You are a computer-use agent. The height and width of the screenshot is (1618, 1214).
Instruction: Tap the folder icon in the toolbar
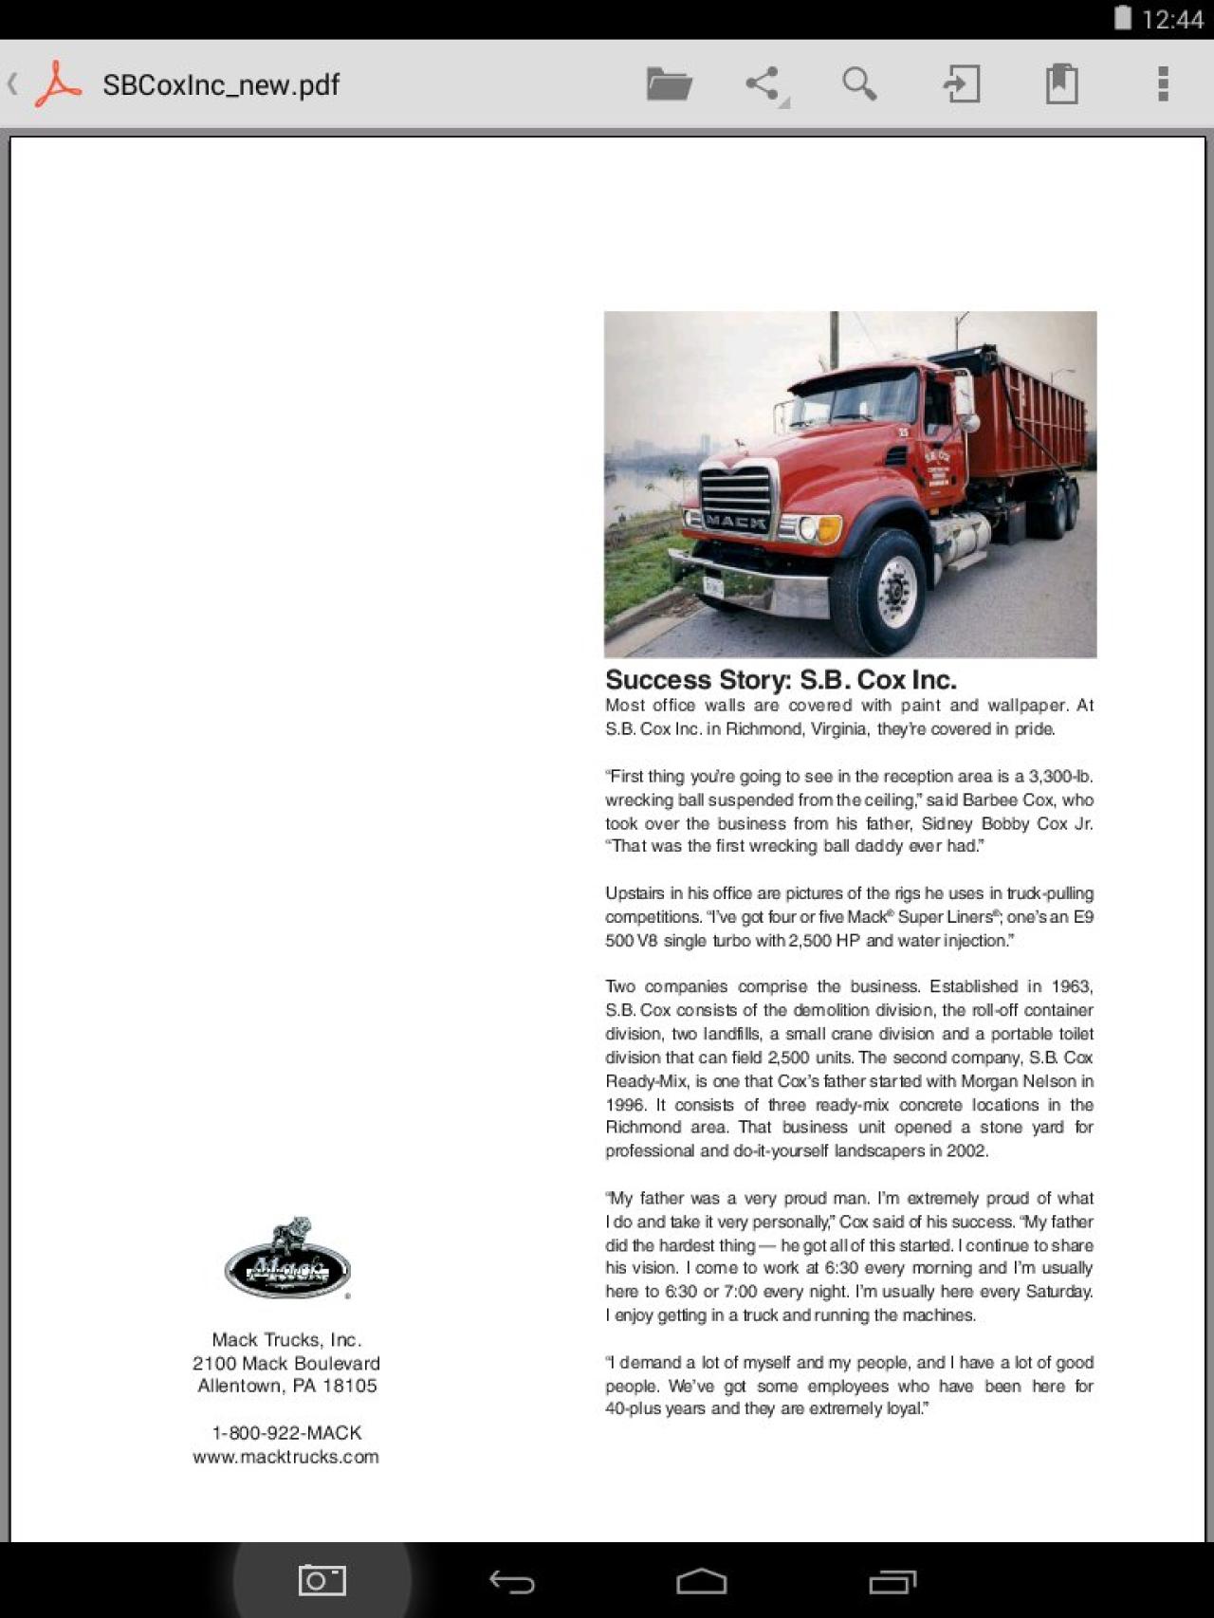669,84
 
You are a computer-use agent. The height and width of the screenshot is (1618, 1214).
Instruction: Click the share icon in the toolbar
763,84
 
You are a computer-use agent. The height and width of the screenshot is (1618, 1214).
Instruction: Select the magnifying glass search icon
859,84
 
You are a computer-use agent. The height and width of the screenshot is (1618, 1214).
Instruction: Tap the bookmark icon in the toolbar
1061,84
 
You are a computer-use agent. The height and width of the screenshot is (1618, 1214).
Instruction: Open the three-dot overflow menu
1163,84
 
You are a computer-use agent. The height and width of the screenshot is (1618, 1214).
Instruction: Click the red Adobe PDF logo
59,84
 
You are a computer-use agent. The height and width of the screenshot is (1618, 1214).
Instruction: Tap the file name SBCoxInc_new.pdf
221,85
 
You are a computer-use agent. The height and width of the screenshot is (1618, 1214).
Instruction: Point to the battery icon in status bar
1123,18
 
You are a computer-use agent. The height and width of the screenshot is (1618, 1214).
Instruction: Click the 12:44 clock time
1172,19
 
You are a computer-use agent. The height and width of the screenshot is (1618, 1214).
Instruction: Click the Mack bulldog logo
287,1259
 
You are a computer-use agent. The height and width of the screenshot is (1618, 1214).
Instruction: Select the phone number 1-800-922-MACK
286,1432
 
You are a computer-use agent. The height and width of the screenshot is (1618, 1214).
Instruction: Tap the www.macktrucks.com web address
285,1457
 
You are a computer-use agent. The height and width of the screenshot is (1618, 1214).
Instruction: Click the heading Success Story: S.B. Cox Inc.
781,680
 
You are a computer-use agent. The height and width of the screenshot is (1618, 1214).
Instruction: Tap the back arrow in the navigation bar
512,1581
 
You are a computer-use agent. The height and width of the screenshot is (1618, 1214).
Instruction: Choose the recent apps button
892,1581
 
